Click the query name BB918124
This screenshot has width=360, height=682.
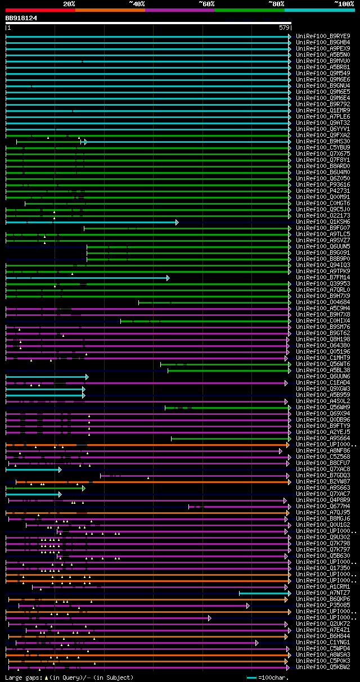21,18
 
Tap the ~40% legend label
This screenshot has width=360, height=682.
137,3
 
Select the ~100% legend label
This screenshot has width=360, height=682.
344,3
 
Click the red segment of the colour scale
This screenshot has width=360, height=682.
40,10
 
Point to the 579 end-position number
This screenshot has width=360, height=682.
283,28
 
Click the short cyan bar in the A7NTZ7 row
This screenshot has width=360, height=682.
264,593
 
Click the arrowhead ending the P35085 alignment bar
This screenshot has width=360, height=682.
247,606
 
